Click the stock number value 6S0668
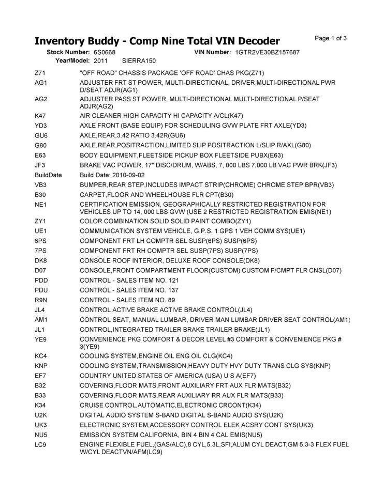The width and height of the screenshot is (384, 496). tap(105, 52)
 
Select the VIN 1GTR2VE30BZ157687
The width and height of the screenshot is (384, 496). tap(267, 52)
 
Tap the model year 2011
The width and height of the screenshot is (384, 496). tap(100, 60)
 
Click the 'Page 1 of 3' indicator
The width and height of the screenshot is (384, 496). tap(331, 38)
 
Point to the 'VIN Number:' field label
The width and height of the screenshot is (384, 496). tap(212, 52)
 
